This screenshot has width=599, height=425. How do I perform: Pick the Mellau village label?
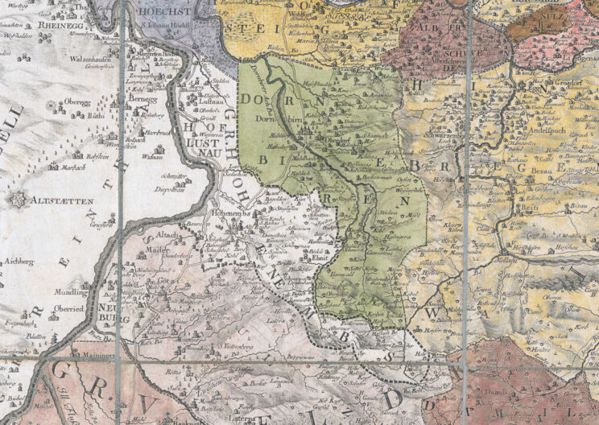click(x=507, y=261)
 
